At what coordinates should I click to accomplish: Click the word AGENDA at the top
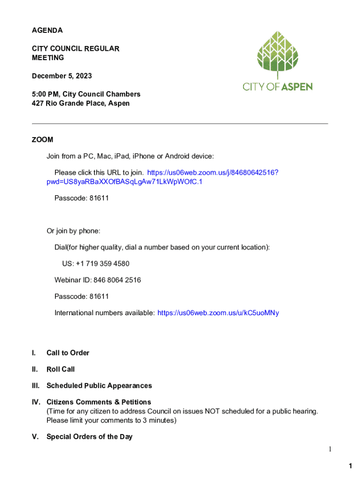[x=47, y=31]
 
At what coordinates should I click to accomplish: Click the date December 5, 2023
[x=62, y=76]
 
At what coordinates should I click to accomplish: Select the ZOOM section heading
[x=42, y=140]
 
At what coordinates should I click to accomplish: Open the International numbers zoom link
[x=218, y=313]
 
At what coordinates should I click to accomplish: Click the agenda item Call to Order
[x=68, y=353]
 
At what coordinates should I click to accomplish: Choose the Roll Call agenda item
[x=61, y=369]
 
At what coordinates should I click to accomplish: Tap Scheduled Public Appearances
[x=99, y=386]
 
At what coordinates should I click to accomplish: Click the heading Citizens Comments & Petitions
[x=99, y=402]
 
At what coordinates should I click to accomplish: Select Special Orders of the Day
[x=89, y=437]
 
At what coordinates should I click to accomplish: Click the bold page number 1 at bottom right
[x=350, y=466]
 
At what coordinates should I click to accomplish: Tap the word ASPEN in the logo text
[x=297, y=86]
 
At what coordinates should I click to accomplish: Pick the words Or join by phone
[x=73, y=231]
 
